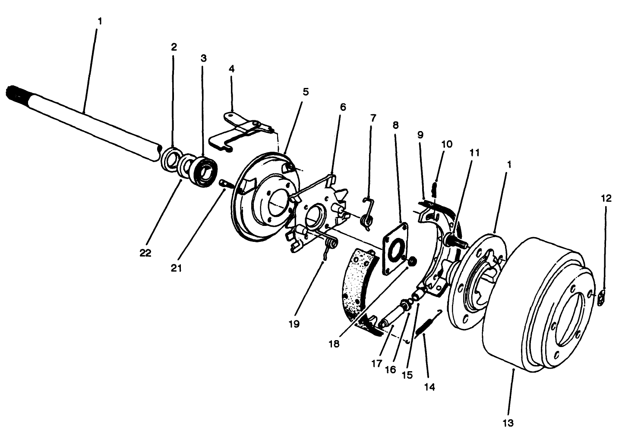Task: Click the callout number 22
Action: click(145, 253)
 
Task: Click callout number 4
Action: click(231, 69)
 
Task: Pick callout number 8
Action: click(395, 125)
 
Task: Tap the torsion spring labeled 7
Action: click(367, 216)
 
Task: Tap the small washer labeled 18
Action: click(412, 260)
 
